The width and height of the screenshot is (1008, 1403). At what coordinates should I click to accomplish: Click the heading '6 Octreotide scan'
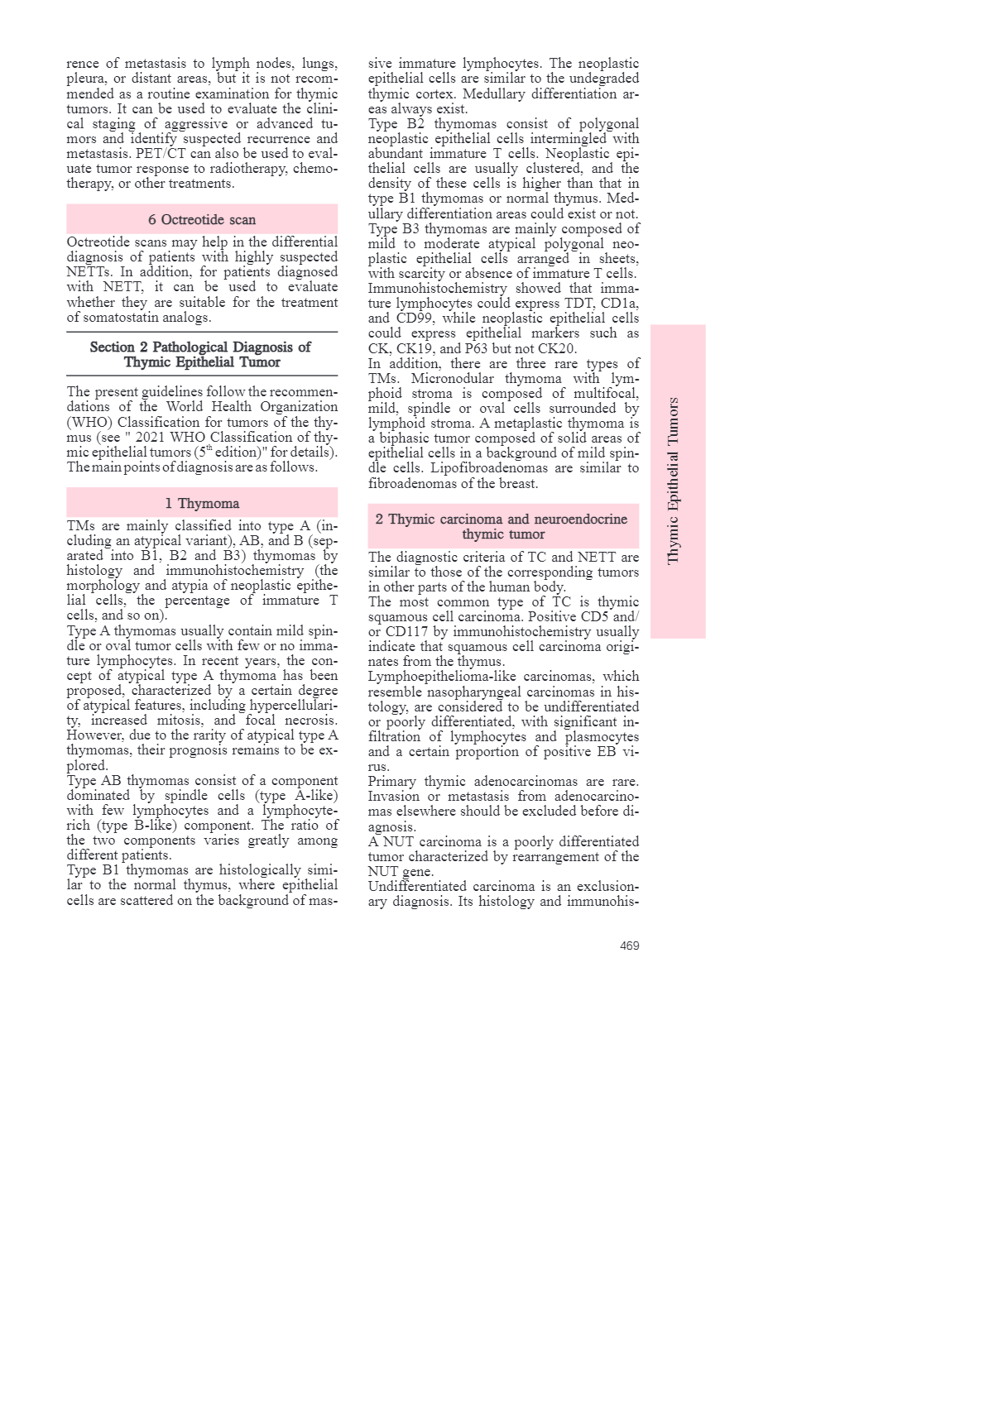(x=202, y=219)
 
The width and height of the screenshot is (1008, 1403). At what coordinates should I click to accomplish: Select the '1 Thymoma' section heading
(x=202, y=503)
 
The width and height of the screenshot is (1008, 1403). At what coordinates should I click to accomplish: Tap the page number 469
(x=629, y=946)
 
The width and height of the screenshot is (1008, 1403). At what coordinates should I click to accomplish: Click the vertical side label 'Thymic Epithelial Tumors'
(x=674, y=481)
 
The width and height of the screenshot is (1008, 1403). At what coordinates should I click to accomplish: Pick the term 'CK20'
(x=556, y=348)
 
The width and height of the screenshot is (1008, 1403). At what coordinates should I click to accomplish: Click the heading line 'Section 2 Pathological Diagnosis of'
(x=200, y=347)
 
